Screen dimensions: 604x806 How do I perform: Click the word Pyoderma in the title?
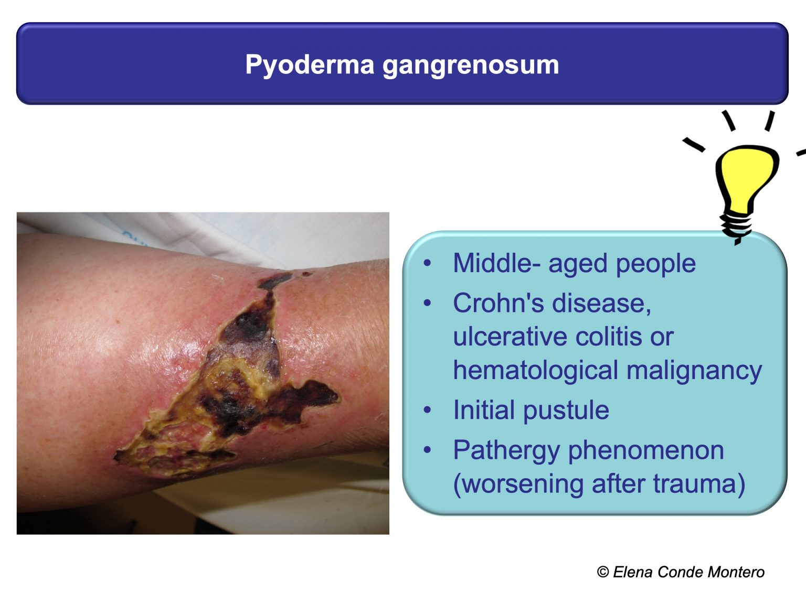[310, 65]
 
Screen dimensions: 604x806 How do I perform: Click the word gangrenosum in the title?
[471, 65]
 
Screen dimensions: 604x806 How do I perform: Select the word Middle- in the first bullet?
[496, 263]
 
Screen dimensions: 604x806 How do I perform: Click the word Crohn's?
[498, 303]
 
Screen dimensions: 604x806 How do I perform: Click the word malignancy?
[694, 370]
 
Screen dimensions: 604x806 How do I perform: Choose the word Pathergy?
[506, 450]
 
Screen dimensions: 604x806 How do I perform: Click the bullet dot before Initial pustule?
[428, 410]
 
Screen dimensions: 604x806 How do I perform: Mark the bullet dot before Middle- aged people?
[428, 263]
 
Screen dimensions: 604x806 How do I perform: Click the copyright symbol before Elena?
[603, 572]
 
